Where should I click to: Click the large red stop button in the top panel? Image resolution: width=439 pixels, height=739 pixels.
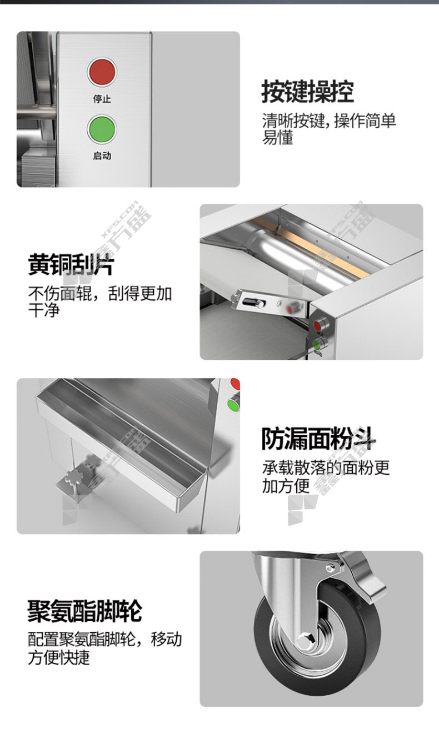point(102,73)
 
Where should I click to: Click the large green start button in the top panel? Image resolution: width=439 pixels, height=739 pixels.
point(102,129)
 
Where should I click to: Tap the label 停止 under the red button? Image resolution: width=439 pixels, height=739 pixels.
point(102,99)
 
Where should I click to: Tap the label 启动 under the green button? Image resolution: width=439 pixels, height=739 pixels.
point(102,155)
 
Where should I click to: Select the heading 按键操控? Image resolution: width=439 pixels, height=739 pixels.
point(308,92)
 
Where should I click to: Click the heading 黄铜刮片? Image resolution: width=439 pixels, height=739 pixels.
point(71,264)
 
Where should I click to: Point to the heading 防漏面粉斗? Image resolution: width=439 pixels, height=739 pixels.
point(318,439)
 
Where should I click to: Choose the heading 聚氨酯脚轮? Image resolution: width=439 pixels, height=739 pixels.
point(85,611)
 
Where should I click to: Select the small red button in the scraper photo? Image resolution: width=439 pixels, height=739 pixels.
point(317,325)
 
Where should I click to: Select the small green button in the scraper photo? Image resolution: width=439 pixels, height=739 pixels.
point(317,345)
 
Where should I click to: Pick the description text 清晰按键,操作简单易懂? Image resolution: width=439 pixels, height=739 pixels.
point(329,129)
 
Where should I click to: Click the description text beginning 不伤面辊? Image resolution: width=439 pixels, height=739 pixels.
point(99,301)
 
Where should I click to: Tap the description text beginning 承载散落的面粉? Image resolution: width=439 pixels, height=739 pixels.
point(326,477)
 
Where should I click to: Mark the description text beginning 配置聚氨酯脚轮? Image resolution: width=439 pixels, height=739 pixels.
point(104,648)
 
